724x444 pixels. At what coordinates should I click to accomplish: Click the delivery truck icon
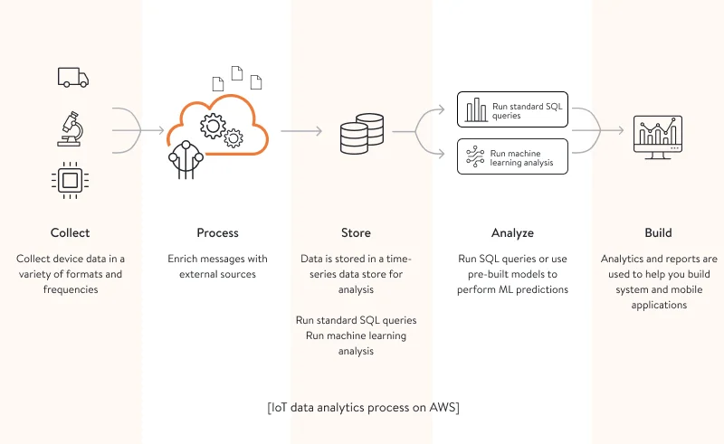click(x=73, y=78)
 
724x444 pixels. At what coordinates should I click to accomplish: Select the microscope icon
click(x=71, y=129)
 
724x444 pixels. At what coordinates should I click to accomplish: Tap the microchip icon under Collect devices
click(x=70, y=180)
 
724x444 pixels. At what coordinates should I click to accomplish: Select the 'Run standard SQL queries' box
click(x=512, y=110)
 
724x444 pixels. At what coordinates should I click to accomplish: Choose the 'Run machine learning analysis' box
click(x=512, y=156)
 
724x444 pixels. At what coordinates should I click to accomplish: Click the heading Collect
click(x=70, y=232)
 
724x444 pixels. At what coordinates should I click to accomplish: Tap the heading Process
click(x=217, y=232)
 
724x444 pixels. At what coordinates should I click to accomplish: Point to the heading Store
click(x=356, y=232)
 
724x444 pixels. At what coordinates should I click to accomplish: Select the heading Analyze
click(x=512, y=232)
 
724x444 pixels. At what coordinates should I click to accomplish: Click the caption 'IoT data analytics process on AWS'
click(x=363, y=408)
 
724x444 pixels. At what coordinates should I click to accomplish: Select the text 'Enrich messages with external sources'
click(x=217, y=266)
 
